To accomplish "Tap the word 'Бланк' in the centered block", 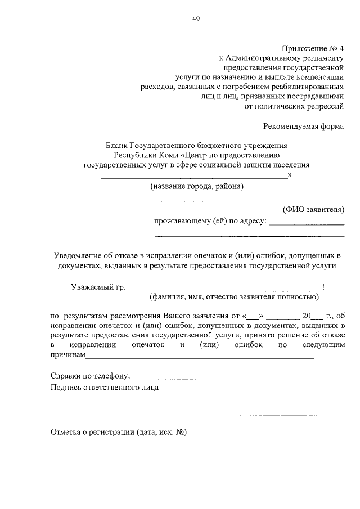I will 117,145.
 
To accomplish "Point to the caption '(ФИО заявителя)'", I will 313,209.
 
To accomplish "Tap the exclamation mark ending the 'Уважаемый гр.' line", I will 322,286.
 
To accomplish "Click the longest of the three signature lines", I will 245,415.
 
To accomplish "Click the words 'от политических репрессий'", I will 295,104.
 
